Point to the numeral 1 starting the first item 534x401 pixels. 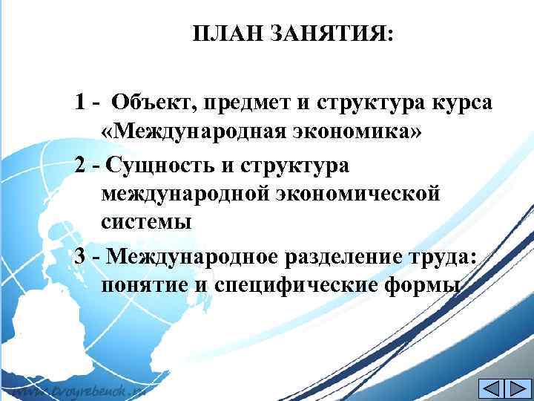coord(79,102)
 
